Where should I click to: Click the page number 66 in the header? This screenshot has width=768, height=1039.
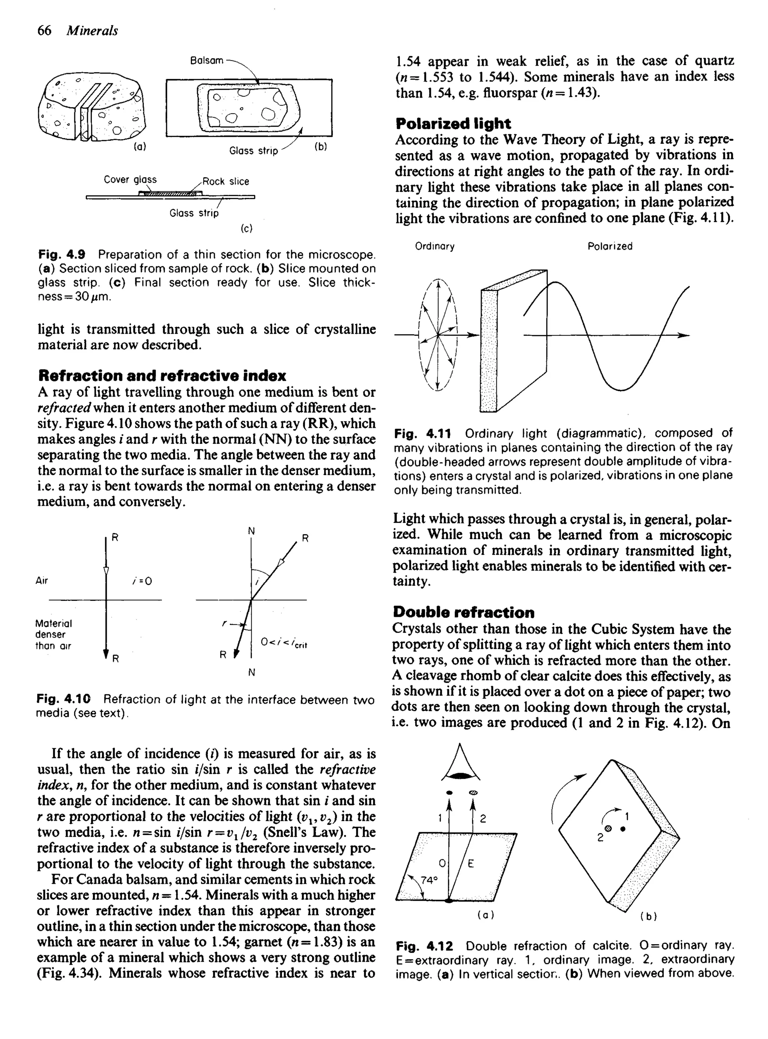pyautogui.click(x=44, y=31)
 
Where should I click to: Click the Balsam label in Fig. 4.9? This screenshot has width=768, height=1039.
pyautogui.click(x=206, y=61)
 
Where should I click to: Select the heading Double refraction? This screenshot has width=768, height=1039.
pyautogui.click(x=463, y=612)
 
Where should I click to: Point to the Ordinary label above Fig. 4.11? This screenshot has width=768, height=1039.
pyautogui.click(x=435, y=246)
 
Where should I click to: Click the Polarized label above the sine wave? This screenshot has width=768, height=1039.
pyautogui.click(x=610, y=246)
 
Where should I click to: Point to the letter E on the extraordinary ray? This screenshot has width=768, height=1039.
pyautogui.click(x=471, y=864)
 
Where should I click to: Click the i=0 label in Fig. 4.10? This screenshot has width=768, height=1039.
pyautogui.click(x=142, y=581)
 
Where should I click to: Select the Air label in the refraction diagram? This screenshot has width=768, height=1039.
pyautogui.click(x=42, y=581)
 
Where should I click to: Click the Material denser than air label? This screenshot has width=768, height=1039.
pyautogui.click(x=54, y=635)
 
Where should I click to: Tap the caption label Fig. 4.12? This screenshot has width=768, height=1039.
pyautogui.click(x=424, y=946)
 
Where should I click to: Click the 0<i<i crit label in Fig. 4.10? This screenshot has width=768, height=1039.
pyautogui.click(x=284, y=643)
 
